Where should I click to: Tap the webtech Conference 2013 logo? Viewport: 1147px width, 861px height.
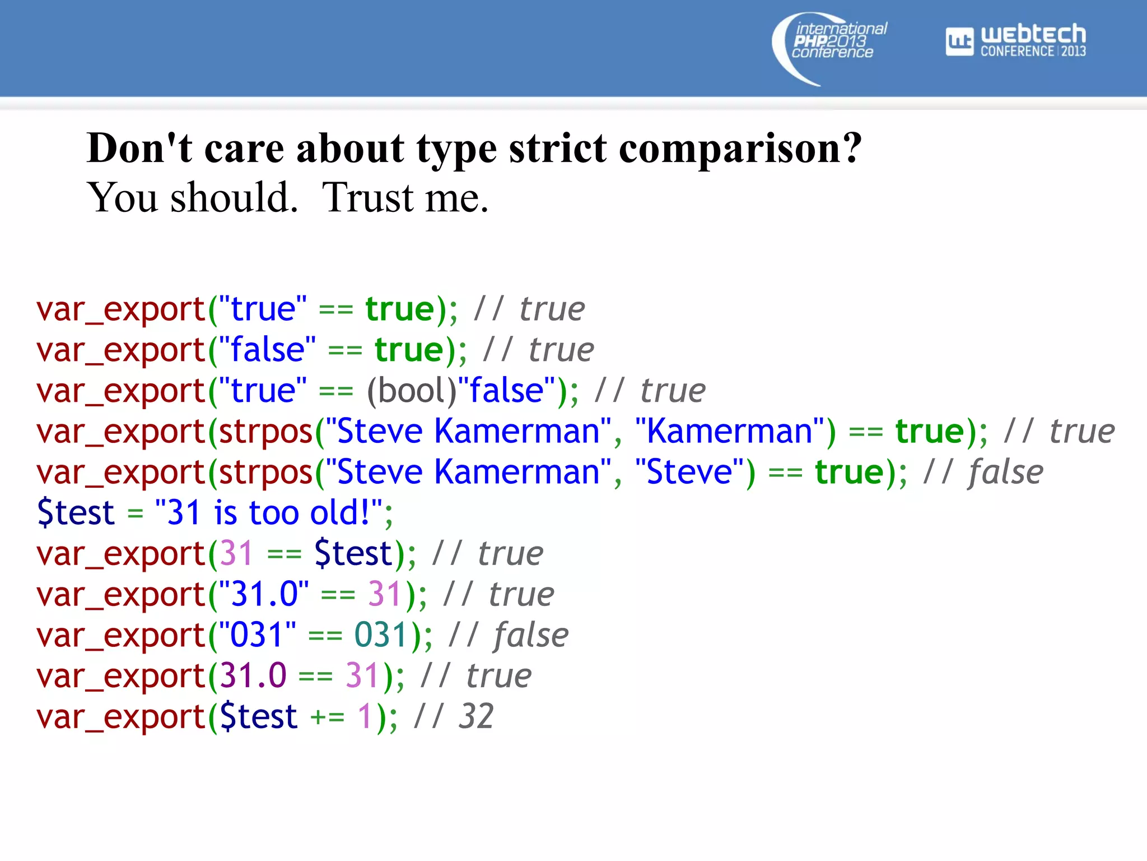(1015, 40)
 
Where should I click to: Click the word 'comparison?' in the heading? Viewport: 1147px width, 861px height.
(740, 149)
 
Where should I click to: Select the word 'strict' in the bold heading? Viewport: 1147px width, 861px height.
(557, 149)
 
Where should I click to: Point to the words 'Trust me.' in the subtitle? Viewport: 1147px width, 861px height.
(405, 197)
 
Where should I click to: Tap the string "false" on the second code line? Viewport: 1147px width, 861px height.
(267, 350)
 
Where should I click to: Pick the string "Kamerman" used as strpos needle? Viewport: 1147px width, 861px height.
(729, 432)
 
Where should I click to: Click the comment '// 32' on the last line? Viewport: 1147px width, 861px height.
(454, 717)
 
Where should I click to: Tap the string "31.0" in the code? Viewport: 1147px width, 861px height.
(263, 595)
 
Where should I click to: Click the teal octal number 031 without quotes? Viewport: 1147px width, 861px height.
(380, 636)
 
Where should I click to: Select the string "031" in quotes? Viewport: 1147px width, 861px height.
(257, 636)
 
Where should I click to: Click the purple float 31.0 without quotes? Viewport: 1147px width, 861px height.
(253, 676)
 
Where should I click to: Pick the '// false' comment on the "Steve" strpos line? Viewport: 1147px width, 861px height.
(983, 473)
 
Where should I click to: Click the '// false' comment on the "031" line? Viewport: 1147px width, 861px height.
(508, 636)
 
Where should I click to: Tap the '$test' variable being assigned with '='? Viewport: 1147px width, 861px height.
(76, 513)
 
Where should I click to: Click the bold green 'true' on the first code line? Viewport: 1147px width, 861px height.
(400, 309)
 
